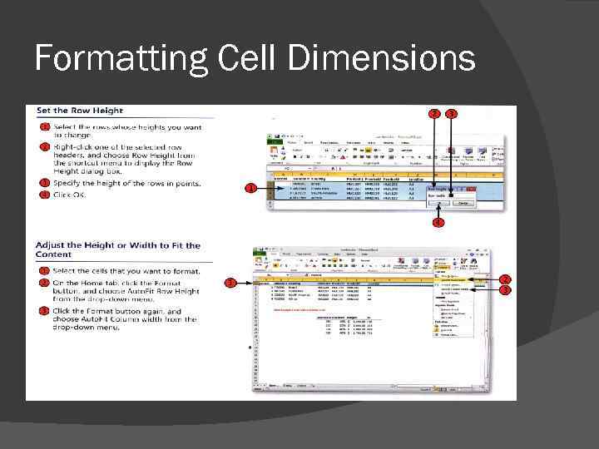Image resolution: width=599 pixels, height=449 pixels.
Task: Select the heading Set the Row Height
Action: click(79, 111)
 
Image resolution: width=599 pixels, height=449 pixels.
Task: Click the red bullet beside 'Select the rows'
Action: click(45, 126)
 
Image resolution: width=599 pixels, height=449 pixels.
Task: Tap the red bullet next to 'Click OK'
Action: click(45, 195)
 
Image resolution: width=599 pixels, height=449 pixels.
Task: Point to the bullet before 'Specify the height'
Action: click(45, 183)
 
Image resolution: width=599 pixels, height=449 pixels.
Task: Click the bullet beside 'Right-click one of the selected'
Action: click(45, 147)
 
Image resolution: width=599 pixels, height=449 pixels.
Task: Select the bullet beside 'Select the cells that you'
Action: click(45, 271)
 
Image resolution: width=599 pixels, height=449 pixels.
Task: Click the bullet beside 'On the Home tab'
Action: click(45, 283)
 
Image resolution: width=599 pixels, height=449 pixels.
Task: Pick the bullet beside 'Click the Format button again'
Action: click(45, 311)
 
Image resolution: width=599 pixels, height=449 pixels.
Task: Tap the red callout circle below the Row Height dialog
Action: click(438, 223)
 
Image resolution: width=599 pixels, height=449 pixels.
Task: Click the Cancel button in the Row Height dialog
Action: click(463, 202)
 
